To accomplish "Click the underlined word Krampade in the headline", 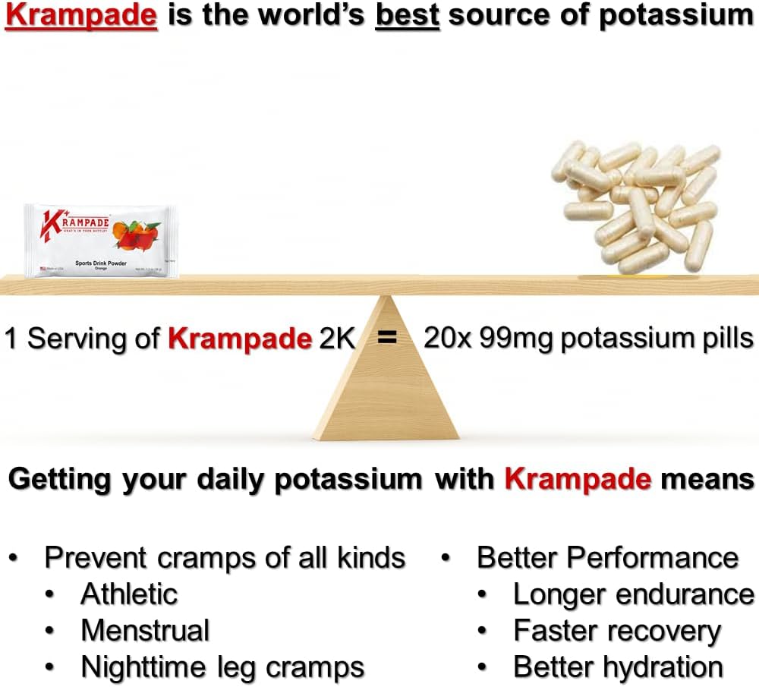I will (x=81, y=16).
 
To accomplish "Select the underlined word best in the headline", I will (x=408, y=16).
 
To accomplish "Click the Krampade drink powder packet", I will (x=101, y=240).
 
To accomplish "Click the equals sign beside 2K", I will (x=387, y=338).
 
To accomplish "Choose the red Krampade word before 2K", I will (x=240, y=338).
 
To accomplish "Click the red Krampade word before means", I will (x=578, y=479).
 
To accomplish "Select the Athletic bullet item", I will (x=129, y=594).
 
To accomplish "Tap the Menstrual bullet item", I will (x=145, y=630).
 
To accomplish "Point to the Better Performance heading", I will (x=607, y=557).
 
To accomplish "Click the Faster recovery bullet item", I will (x=617, y=630).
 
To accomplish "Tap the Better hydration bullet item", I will (x=618, y=667).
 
